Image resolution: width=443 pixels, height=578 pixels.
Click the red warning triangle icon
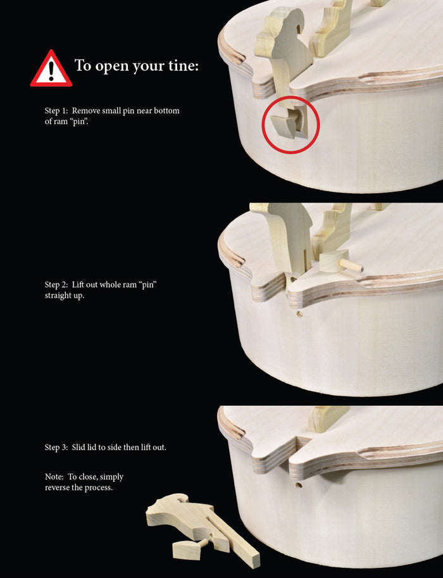(x=51, y=69)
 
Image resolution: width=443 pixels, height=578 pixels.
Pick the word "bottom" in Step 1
(x=166, y=111)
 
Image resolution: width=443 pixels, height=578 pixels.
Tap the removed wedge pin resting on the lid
(x=339, y=263)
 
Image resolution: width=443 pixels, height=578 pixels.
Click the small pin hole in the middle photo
(x=300, y=315)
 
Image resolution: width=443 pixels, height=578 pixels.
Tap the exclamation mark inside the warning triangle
(x=51, y=71)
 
